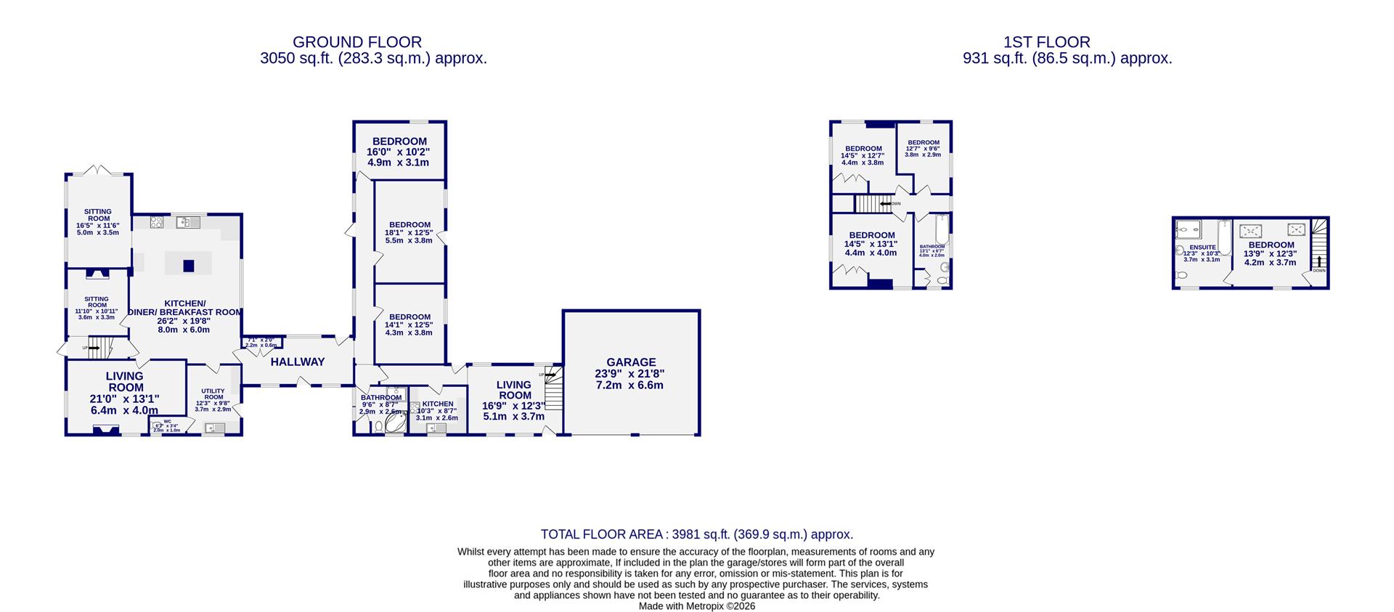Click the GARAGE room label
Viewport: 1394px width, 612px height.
(631, 362)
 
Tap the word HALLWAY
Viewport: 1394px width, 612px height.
(298, 362)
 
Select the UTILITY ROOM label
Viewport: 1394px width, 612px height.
(213, 394)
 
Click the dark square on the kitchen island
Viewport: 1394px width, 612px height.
(189, 266)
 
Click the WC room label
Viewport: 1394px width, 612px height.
(167, 421)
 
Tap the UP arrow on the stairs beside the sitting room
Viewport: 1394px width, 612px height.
(94, 348)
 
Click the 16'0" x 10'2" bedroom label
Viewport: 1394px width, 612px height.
(399, 141)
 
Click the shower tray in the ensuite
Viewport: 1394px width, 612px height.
(1188, 229)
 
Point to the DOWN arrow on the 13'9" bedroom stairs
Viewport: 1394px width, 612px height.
(1318, 262)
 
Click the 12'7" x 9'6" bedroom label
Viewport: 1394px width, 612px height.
(924, 143)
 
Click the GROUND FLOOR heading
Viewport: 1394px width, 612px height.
(356, 43)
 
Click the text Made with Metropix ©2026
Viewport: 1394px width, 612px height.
(696, 605)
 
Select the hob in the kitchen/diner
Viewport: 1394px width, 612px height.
(157, 223)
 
